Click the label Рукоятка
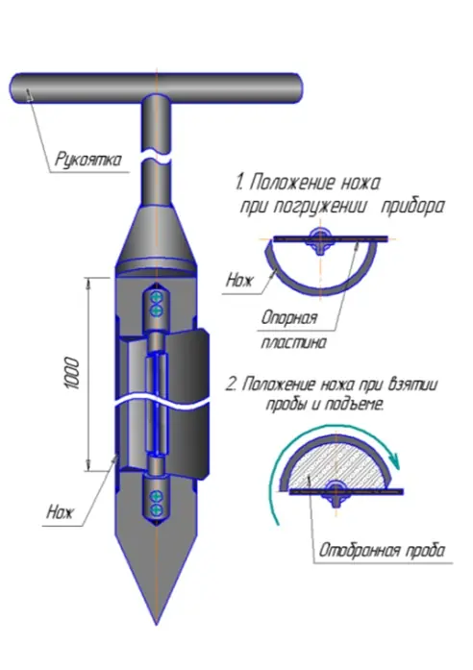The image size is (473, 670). (88, 159)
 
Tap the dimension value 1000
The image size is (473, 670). (73, 374)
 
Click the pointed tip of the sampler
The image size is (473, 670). (157, 624)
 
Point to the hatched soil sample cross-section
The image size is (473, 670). (337, 465)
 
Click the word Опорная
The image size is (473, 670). (289, 318)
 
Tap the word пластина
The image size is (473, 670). (293, 342)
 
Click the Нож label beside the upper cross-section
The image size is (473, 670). (239, 281)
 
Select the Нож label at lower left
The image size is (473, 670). (60, 511)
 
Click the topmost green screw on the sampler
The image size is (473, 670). (157, 297)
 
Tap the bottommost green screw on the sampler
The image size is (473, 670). (157, 509)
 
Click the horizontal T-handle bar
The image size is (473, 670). (156, 87)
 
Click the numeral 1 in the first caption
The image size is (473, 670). (238, 183)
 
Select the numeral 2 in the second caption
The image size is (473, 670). (231, 385)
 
